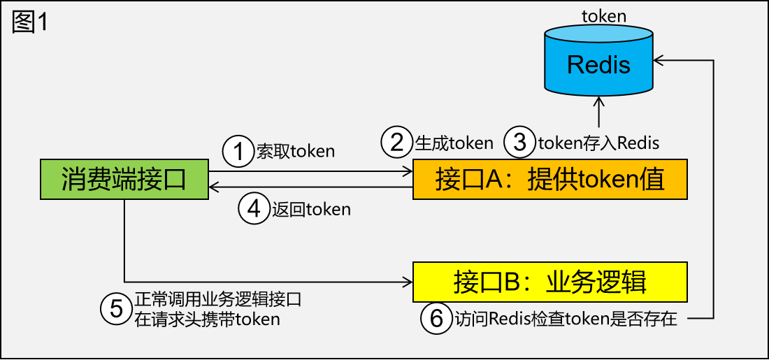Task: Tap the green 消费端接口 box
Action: (124, 179)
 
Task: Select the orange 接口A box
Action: (550, 179)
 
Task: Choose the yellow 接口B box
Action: (550, 281)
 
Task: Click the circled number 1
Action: (238, 151)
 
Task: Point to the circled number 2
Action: (396, 143)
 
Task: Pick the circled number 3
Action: (519, 143)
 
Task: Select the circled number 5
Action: (116, 308)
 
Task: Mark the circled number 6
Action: (436, 319)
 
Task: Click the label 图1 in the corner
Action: (29, 22)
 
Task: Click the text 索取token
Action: (295, 151)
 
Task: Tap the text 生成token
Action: (454, 143)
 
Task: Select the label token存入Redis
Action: (598, 143)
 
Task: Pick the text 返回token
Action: (311, 208)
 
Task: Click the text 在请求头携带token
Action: (207, 319)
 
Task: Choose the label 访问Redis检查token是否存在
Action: (567, 319)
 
